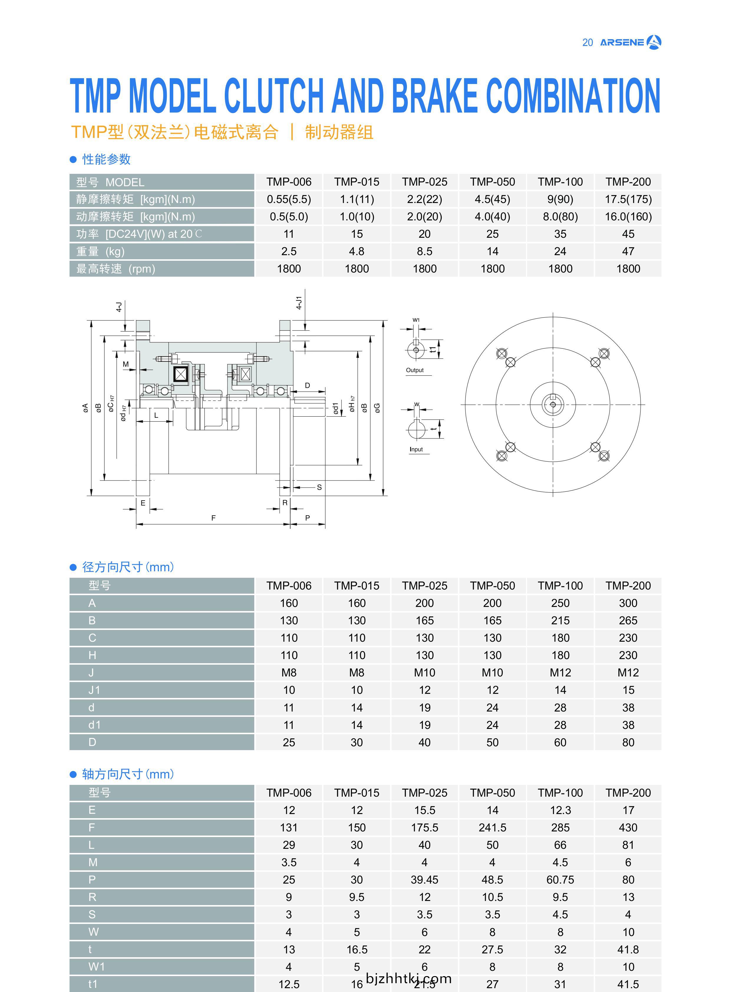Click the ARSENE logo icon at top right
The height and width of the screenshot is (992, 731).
pyautogui.click(x=654, y=42)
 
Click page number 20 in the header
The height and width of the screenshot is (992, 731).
pyautogui.click(x=587, y=42)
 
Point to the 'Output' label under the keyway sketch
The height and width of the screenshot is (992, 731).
pyautogui.click(x=415, y=370)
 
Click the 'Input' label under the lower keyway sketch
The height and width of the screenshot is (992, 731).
pyautogui.click(x=416, y=449)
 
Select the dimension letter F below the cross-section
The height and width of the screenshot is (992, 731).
pyautogui.click(x=213, y=518)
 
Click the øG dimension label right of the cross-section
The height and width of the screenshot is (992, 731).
pyautogui.click(x=377, y=407)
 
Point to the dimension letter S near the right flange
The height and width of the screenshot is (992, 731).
pyautogui.click(x=319, y=487)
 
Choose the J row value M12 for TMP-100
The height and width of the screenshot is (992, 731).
pyautogui.click(x=560, y=673)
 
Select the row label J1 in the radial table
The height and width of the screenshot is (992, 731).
pyautogui.click(x=94, y=690)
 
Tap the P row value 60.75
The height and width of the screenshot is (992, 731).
pyautogui.click(x=560, y=880)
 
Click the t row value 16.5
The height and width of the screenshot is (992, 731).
pyautogui.click(x=357, y=949)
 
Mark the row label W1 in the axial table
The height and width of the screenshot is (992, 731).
pyautogui.click(x=96, y=967)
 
